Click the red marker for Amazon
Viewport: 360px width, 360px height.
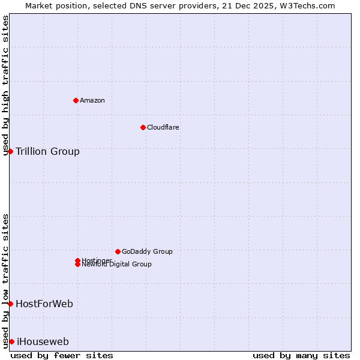point(76,100)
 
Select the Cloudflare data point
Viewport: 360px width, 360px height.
point(143,127)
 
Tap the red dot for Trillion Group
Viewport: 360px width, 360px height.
point(10,151)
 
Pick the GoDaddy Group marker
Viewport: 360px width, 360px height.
point(118,251)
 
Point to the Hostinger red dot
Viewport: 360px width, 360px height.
point(77,260)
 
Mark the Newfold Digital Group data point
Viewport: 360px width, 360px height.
point(77,265)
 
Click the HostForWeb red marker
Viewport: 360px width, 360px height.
point(10,304)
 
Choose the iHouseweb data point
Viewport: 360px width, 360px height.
point(11,341)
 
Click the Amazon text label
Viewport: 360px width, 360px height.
point(92,100)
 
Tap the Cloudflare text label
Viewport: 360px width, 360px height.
point(163,127)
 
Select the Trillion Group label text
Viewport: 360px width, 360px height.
point(47,151)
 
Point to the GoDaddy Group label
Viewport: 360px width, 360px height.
point(147,251)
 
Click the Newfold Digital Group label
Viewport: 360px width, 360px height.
point(116,265)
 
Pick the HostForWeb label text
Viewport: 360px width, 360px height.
point(44,304)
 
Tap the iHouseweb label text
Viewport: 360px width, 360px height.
point(42,341)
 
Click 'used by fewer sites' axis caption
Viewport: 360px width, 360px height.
point(62,355)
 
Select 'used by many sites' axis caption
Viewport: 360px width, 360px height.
point(301,355)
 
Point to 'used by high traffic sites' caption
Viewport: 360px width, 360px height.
point(6,85)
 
